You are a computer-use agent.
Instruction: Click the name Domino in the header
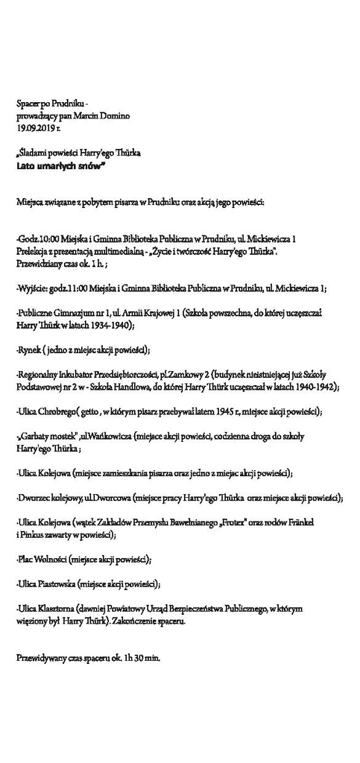click(114, 117)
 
